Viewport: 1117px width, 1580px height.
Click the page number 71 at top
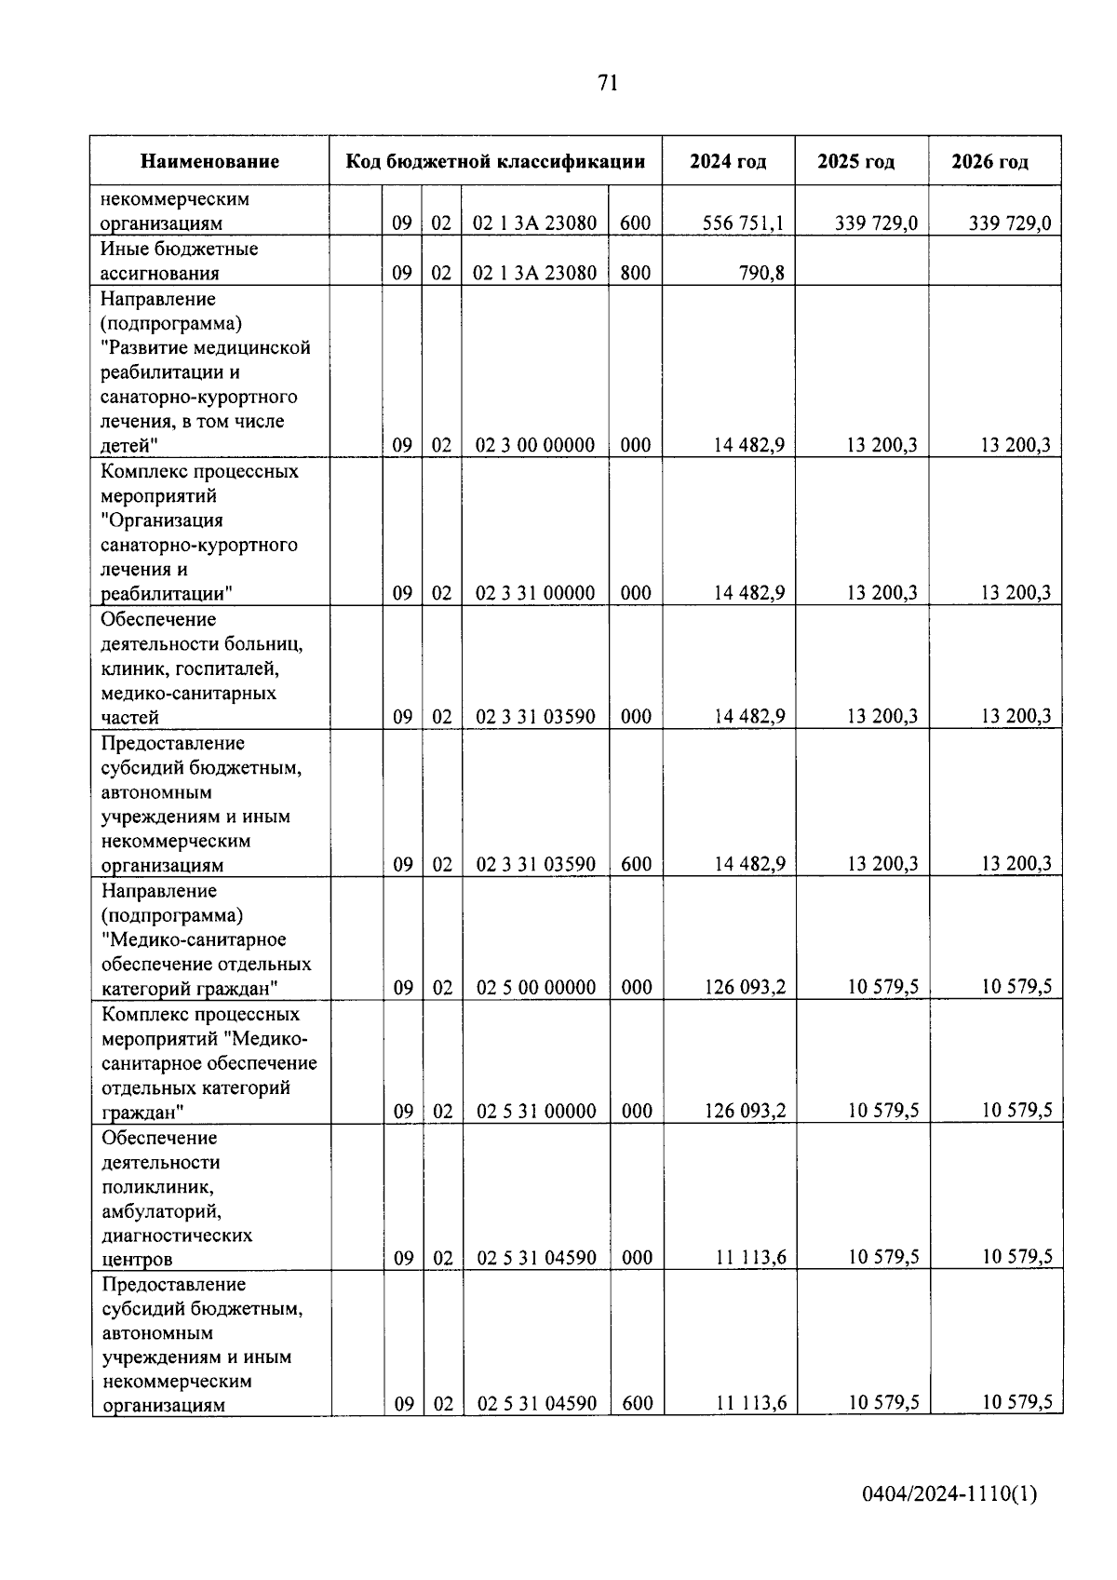tap(607, 84)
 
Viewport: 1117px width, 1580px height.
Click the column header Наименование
tap(210, 162)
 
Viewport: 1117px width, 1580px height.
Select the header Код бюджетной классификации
tap(495, 161)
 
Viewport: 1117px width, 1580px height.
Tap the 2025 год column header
tap(855, 162)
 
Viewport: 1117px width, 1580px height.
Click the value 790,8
tap(760, 273)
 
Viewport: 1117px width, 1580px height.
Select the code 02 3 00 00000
tap(534, 445)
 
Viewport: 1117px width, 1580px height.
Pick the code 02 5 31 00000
tap(536, 1111)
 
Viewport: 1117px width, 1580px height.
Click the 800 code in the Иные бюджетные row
tap(635, 273)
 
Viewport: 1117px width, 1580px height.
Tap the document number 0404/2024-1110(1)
tap(949, 1494)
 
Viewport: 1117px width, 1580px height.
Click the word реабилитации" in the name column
tap(168, 594)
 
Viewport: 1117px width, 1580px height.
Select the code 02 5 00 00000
tap(536, 988)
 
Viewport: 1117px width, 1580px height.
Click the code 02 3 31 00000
tap(535, 593)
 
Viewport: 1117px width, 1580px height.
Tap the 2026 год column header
tap(989, 162)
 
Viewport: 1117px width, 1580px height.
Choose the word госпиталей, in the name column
tap(228, 668)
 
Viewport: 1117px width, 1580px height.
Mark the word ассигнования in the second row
tap(160, 274)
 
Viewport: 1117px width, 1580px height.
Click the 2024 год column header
tap(728, 162)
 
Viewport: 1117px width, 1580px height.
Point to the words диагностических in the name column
tap(177, 1236)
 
